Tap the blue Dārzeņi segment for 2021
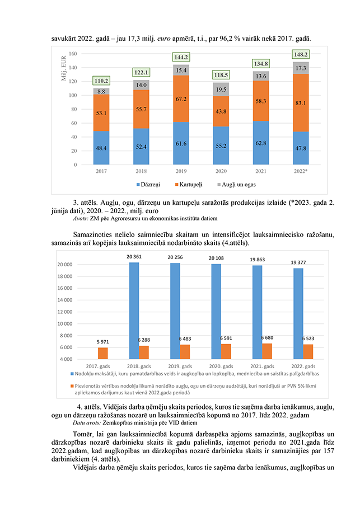(260, 143)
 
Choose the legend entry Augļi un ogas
(238, 184)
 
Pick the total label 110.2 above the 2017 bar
(101, 80)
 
